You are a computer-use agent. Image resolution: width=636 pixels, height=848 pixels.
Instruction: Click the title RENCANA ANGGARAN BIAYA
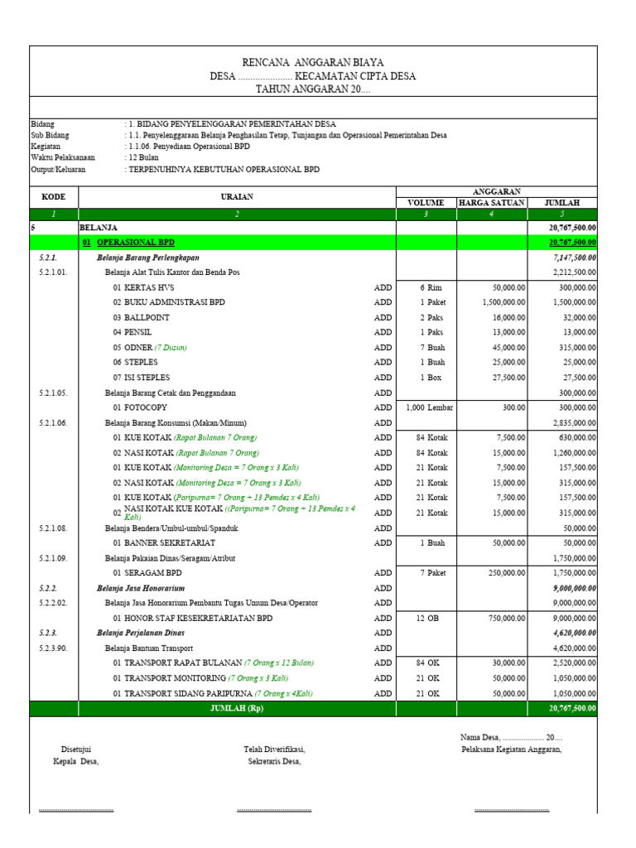tap(312, 62)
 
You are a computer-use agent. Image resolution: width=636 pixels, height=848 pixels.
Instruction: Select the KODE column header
tap(53, 197)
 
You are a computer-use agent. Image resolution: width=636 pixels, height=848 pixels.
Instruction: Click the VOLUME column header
tap(426, 203)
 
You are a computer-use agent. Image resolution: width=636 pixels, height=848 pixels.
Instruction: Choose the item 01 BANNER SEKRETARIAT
tap(164, 543)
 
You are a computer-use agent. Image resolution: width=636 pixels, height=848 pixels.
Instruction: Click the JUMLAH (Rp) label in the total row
tap(236, 709)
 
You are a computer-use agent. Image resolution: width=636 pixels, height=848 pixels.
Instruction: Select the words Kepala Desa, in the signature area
tap(75, 762)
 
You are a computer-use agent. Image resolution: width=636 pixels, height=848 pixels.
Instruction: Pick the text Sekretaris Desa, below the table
tap(274, 762)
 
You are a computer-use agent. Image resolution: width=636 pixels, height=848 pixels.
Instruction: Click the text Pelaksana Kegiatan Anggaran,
tap(512, 749)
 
